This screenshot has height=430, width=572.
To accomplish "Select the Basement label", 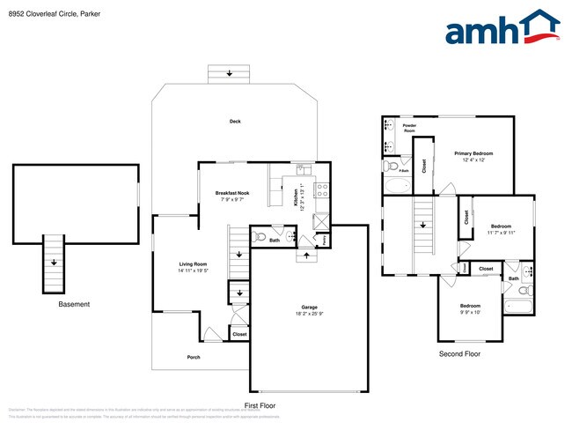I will (x=74, y=304).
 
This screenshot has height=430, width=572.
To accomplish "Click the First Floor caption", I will (x=261, y=404).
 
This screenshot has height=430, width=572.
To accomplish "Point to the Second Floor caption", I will (x=459, y=353).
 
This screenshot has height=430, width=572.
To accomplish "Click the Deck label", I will (x=235, y=122).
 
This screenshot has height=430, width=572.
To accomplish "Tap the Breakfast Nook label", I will (x=232, y=193).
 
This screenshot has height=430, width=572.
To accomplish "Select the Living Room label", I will (x=194, y=263).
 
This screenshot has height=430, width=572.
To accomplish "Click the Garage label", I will (x=309, y=308).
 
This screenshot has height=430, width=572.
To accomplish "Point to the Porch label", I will (x=194, y=357).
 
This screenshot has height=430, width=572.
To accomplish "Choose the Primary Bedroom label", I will (x=473, y=153).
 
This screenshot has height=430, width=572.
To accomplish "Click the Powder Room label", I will (x=409, y=128).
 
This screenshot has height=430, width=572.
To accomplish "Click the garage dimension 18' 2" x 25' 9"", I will (x=309, y=315).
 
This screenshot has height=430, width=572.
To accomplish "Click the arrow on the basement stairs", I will (x=55, y=263).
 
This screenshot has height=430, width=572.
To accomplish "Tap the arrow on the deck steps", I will (x=230, y=73).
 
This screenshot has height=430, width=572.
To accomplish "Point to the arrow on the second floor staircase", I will (x=423, y=225).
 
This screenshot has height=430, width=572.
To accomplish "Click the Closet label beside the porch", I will (x=239, y=334).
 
